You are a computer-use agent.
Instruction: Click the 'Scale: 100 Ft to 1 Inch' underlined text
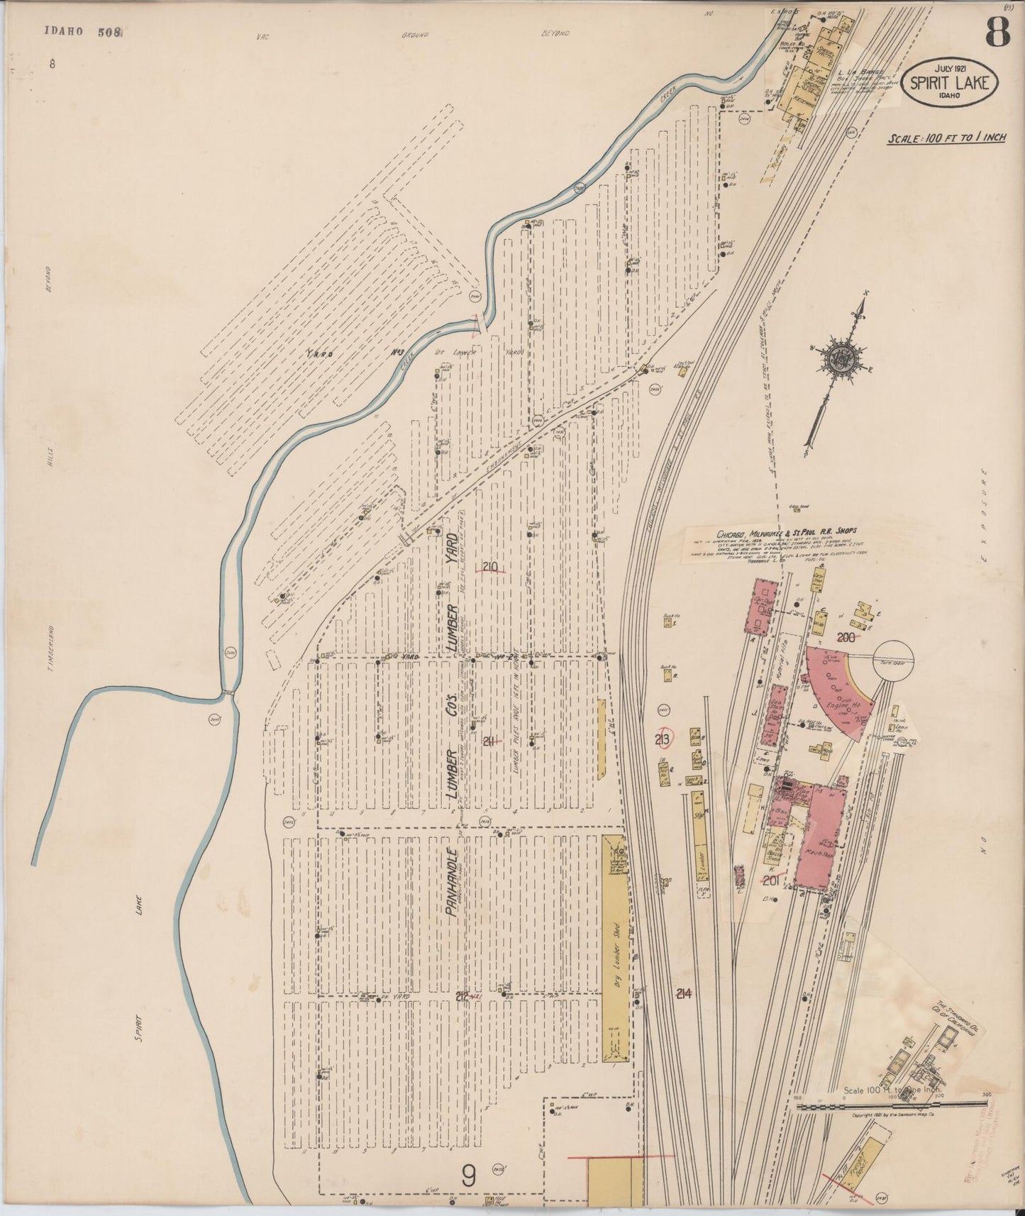pyautogui.click(x=946, y=138)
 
